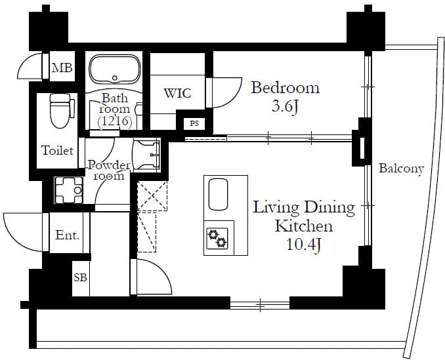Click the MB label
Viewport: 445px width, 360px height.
click(62, 68)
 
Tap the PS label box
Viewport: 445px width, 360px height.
click(194, 123)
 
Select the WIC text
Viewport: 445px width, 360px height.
click(178, 93)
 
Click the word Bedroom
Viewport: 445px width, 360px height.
click(286, 88)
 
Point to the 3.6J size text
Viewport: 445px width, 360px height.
click(286, 107)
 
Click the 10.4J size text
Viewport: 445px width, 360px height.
click(304, 244)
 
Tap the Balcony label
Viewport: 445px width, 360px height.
click(401, 169)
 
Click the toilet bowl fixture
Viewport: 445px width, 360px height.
click(60, 111)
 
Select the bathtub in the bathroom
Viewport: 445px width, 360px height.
click(115, 70)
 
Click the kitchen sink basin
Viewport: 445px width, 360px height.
click(219, 194)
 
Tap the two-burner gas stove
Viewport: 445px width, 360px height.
click(217, 239)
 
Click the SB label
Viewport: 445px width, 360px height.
click(80, 277)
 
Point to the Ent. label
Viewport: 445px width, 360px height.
click(67, 235)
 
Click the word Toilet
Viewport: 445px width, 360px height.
click(58, 150)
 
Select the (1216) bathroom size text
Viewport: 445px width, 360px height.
click(115, 121)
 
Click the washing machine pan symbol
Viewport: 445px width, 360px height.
click(69, 190)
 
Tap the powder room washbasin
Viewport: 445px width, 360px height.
click(146, 155)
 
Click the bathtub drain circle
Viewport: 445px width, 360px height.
click(115, 77)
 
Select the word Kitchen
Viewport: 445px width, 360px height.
click(304, 226)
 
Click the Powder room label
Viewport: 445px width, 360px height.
click(109, 170)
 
